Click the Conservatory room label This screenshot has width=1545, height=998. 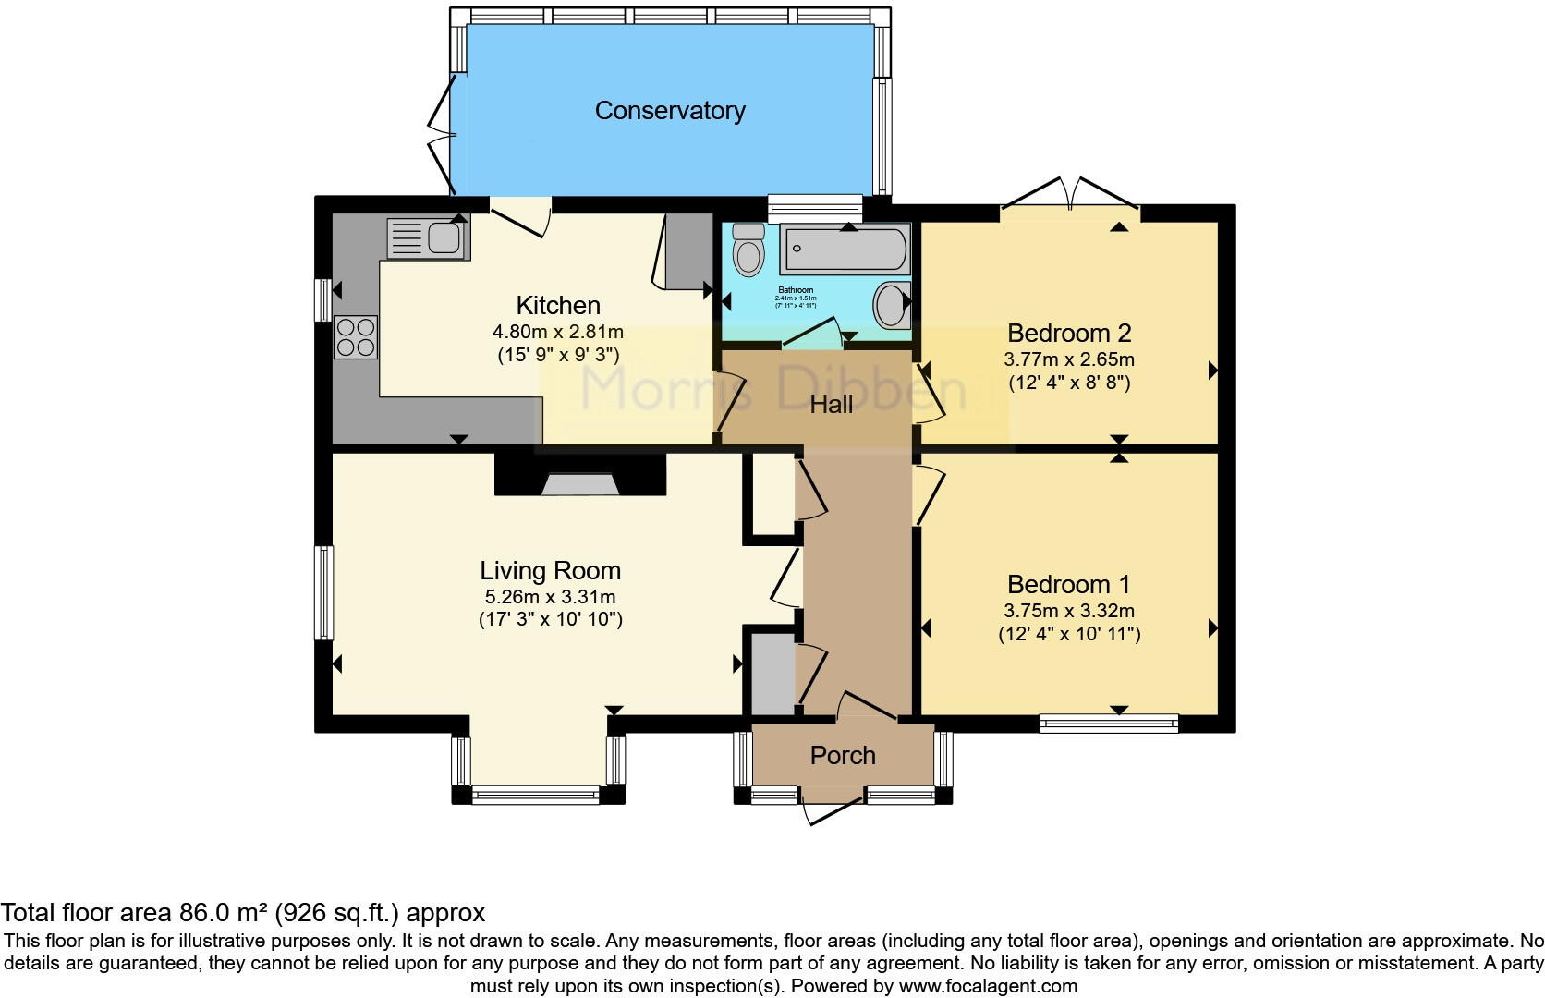(670, 111)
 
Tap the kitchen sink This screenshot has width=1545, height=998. (428, 238)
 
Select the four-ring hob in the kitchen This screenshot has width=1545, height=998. (357, 336)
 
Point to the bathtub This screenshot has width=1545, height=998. (845, 249)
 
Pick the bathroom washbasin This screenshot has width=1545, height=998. (891, 304)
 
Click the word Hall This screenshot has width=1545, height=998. (832, 404)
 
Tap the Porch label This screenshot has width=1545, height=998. (843, 756)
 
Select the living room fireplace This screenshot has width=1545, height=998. (580, 483)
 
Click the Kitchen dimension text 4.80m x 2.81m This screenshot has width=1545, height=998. (558, 332)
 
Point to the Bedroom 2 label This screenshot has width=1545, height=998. (1069, 333)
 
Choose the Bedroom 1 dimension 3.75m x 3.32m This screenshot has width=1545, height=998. (1069, 611)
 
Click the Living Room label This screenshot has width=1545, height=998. (550, 571)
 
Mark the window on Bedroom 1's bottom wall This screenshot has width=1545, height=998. (1109, 724)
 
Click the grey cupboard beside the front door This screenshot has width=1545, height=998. (772, 674)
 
